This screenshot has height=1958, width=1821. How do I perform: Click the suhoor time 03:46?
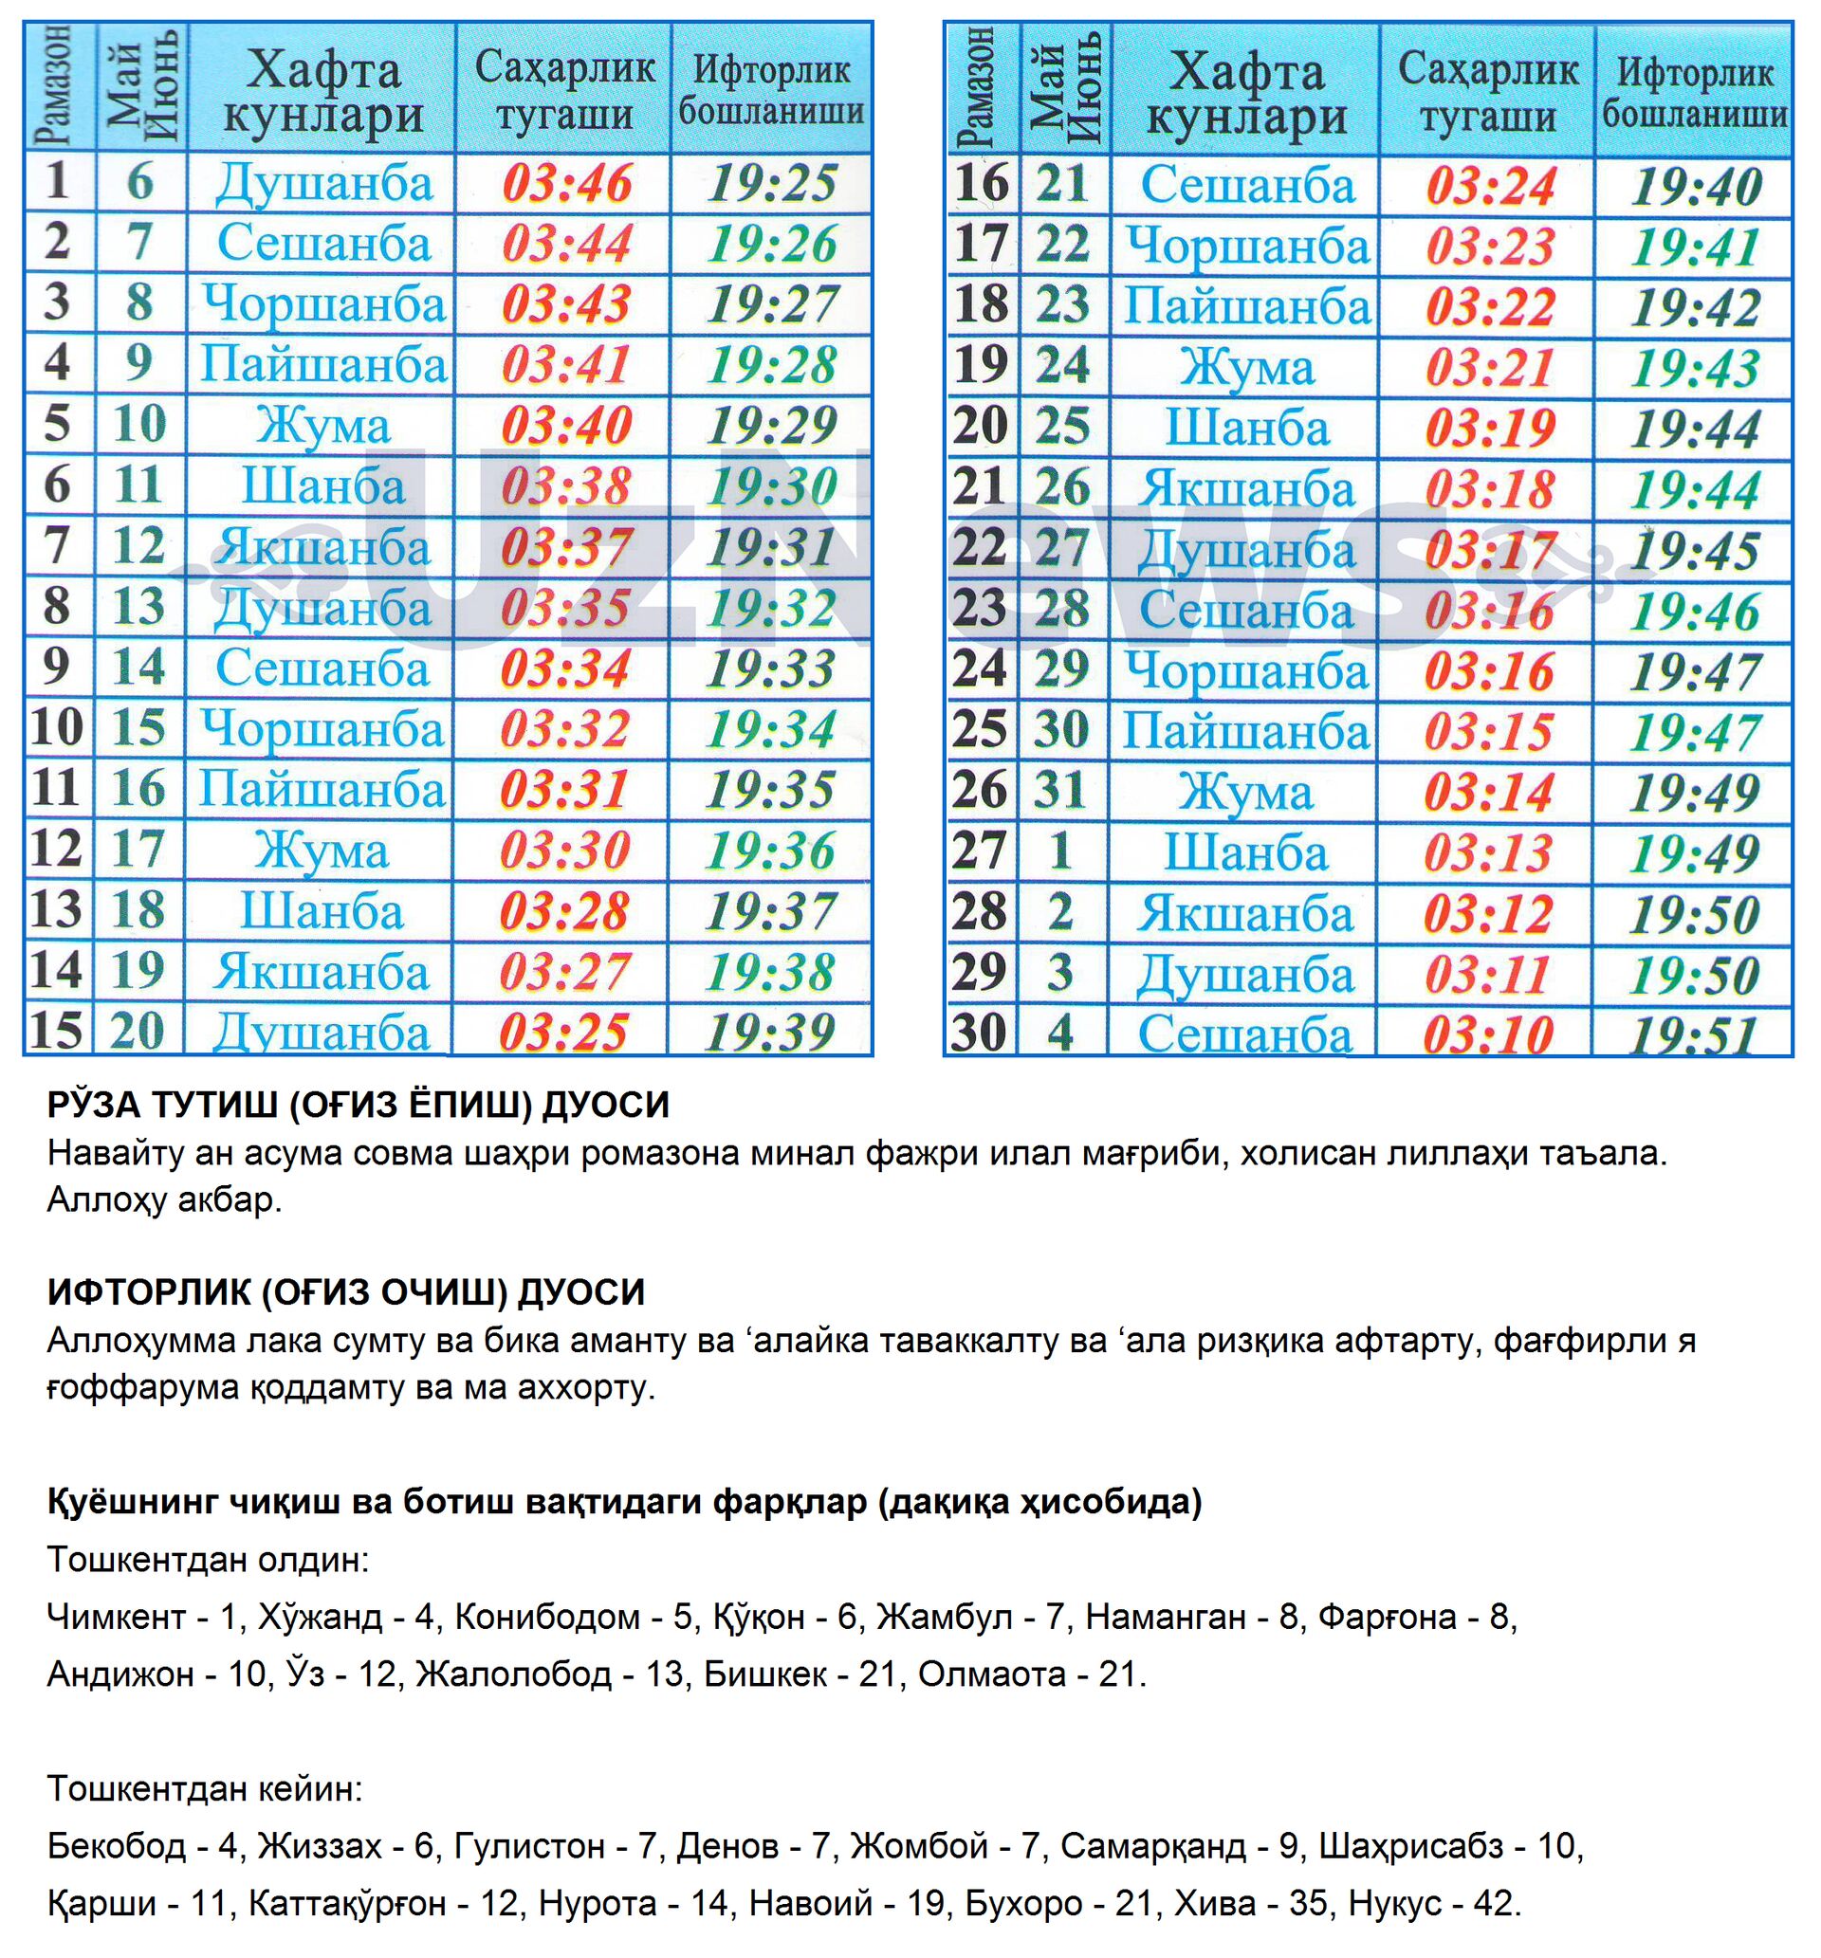click(x=566, y=183)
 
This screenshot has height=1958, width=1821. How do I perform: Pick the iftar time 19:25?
click(x=773, y=183)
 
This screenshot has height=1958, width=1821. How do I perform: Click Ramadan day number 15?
click(x=56, y=1032)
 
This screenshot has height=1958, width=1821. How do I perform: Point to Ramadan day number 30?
click(x=980, y=1034)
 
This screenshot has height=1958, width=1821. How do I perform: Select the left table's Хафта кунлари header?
click(x=323, y=92)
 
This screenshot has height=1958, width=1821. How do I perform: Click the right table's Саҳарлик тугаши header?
click(x=1488, y=92)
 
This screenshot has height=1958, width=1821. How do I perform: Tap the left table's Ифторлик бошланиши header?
click(x=772, y=90)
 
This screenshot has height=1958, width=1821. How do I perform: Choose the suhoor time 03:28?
click(x=564, y=911)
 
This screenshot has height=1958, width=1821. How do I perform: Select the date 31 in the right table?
click(x=1062, y=791)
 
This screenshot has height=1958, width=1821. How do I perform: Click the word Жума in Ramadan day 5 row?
click(x=323, y=426)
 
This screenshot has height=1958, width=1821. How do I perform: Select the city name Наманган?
click(x=1165, y=1617)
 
